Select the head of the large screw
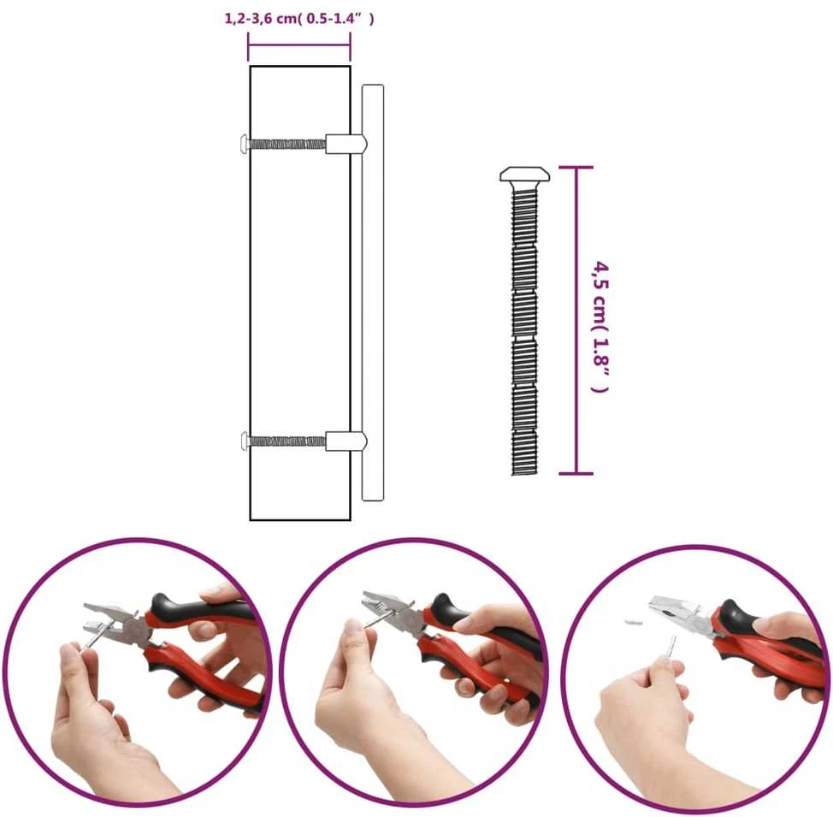[x=524, y=175]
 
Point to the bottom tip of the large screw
[x=524, y=474]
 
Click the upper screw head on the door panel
[x=244, y=143]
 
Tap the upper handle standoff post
[x=346, y=143]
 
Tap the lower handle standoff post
[x=346, y=441]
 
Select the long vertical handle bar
[x=372, y=293]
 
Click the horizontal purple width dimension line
[x=299, y=45]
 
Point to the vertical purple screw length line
[x=576, y=320]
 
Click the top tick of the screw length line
[x=576, y=168]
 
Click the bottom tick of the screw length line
[x=576, y=473]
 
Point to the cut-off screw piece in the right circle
[x=633, y=619]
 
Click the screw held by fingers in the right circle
[x=672, y=648]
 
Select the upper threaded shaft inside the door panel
[x=287, y=144]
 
